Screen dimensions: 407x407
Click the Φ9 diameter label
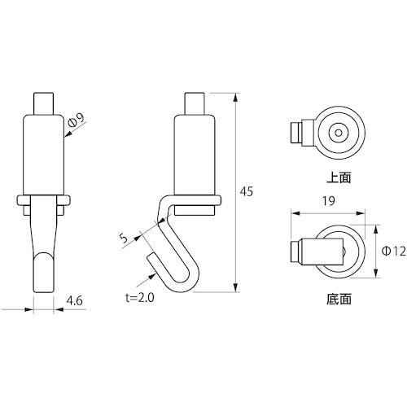click(77, 120)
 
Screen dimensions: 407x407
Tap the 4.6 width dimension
click(75, 301)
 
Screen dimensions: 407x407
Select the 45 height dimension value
click(247, 191)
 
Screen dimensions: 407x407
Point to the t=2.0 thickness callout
click(140, 298)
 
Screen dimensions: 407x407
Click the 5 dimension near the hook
click(124, 238)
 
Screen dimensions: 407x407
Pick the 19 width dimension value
click(329, 201)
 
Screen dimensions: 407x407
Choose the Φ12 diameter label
click(394, 252)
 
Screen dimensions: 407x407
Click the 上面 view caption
click(339, 177)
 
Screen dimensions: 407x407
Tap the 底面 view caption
click(339, 299)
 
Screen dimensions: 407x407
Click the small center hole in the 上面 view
click(339, 133)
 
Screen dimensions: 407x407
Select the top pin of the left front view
click(44, 104)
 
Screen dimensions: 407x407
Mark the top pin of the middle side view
click(195, 104)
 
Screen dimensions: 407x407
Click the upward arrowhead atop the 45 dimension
click(236, 98)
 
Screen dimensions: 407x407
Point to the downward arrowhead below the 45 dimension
click(236, 287)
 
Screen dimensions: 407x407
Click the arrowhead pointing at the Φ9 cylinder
click(68, 133)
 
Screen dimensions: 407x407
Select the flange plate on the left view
click(44, 200)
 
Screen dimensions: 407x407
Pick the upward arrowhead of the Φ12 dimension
click(376, 230)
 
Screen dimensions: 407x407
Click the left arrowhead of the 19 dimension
click(295, 213)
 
